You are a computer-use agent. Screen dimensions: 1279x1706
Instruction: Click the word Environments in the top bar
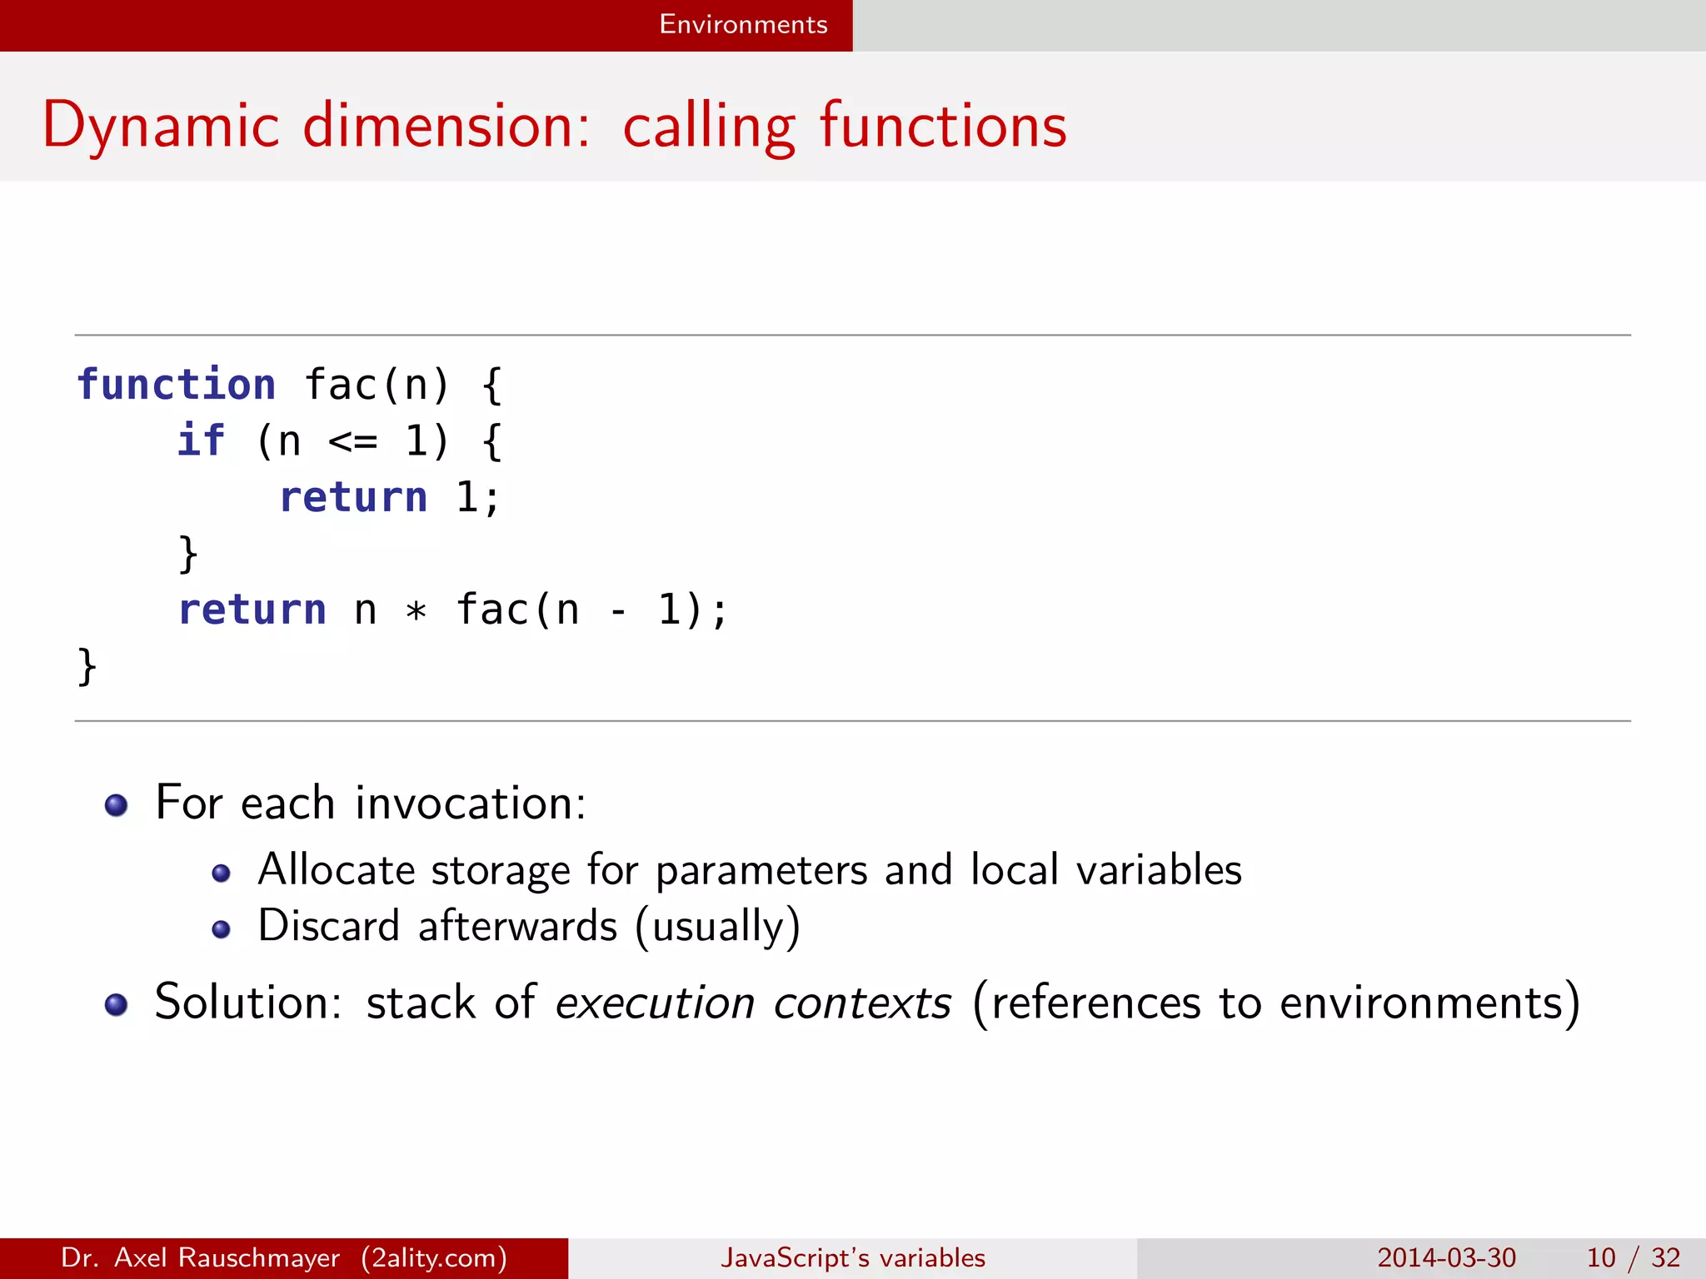click(x=743, y=24)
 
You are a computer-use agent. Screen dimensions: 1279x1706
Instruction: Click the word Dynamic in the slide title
click(x=160, y=126)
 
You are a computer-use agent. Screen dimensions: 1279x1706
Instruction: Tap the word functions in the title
click(x=943, y=126)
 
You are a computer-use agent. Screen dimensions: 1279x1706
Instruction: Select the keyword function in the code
click(x=176, y=386)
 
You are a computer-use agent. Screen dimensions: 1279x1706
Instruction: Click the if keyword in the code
click(x=201, y=440)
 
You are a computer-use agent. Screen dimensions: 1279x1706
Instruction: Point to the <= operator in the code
click(x=352, y=442)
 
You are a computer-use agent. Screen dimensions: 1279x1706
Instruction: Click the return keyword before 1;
click(x=353, y=498)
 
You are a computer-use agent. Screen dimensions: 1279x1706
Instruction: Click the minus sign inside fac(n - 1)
click(x=618, y=611)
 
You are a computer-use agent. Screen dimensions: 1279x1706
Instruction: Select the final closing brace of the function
click(x=87, y=666)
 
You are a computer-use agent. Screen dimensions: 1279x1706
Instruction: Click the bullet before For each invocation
click(x=116, y=805)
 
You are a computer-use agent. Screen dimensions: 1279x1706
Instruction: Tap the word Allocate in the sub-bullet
click(x=337, y=870)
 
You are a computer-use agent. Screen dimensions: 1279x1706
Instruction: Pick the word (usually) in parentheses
click(x=717, y=927)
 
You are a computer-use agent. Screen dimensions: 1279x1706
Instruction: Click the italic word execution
click(x=655, y=1003)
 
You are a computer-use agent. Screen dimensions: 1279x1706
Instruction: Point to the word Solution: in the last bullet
click(x=248, y=1002)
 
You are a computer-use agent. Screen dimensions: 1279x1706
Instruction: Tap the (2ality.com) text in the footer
click(x=434, y=1257)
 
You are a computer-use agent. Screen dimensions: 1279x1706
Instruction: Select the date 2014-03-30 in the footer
click(x=1446, y=1257)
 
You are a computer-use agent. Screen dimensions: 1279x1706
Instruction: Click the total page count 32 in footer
click(x=1665, y=1257)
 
